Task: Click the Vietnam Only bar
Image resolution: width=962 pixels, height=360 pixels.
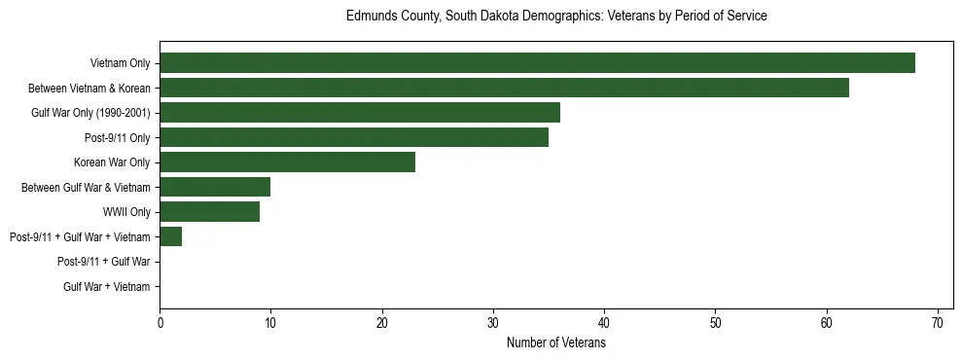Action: point(537,63)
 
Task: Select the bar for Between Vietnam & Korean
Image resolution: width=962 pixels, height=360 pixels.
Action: point(504,88)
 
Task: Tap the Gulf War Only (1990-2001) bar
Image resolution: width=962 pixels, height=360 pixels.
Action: point(360,113)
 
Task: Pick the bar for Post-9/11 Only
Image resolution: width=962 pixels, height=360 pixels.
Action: point(354,137)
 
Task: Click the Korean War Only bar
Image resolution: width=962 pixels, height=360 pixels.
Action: point(288,162)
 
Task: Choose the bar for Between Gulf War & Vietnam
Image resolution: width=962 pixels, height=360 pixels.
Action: point(215,187)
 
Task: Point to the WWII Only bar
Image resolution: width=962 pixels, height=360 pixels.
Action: point(210,212)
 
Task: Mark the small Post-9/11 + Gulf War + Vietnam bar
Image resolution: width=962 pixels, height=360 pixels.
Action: point(171,236)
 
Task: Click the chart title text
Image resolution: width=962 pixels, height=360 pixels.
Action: point(556,17)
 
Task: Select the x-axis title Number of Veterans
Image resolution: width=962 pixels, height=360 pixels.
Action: point(556,343)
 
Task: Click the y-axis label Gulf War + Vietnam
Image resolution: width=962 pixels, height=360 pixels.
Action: point(106,287)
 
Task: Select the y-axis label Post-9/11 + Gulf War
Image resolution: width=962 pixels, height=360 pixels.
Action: point(103,262)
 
